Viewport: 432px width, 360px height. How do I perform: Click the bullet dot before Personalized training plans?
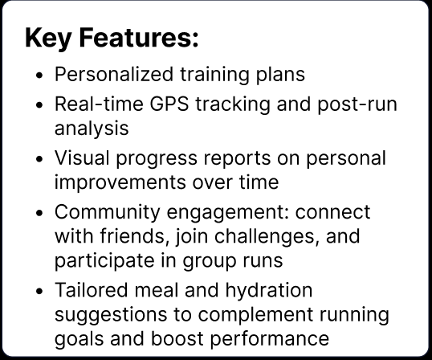40,76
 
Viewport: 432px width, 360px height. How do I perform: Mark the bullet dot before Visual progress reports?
40,159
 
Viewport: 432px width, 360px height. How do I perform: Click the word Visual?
78,158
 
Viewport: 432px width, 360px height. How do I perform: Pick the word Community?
104,212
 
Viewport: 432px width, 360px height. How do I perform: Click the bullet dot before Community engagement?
40,214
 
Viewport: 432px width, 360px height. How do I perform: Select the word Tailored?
86,289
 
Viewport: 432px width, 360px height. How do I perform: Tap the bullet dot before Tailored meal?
40,290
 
